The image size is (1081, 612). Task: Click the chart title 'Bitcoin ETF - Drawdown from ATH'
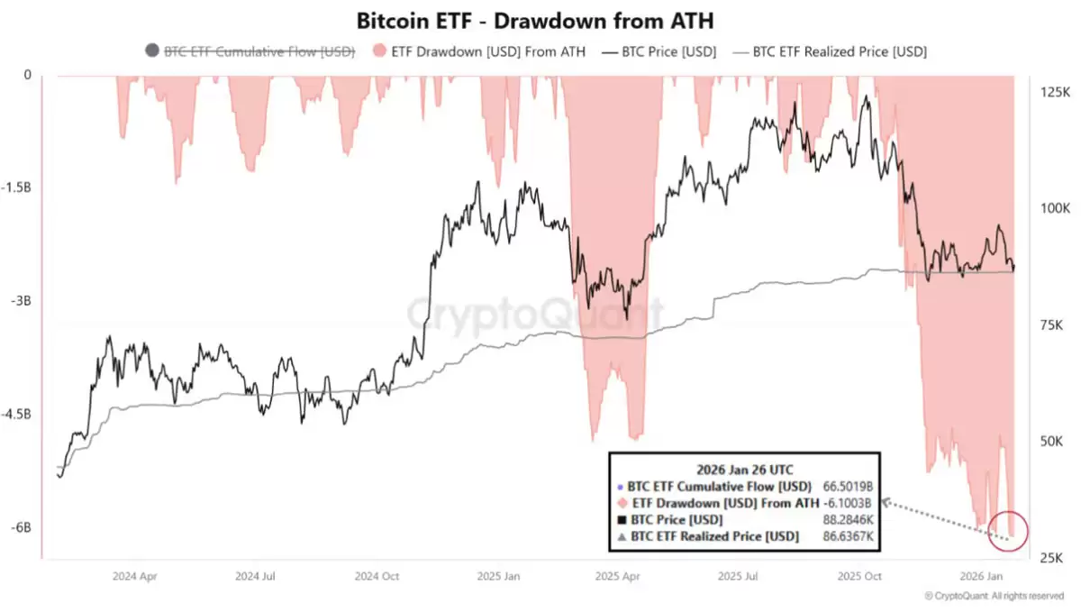coord(540,20)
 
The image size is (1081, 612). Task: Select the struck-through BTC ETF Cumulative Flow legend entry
coord(259,51)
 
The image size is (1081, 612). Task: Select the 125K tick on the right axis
coord(1055,93)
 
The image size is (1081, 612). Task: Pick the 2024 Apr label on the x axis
coord(136,576)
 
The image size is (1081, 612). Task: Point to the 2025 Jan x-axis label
coord(498,576)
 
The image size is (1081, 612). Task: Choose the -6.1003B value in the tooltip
coord(848,503)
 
